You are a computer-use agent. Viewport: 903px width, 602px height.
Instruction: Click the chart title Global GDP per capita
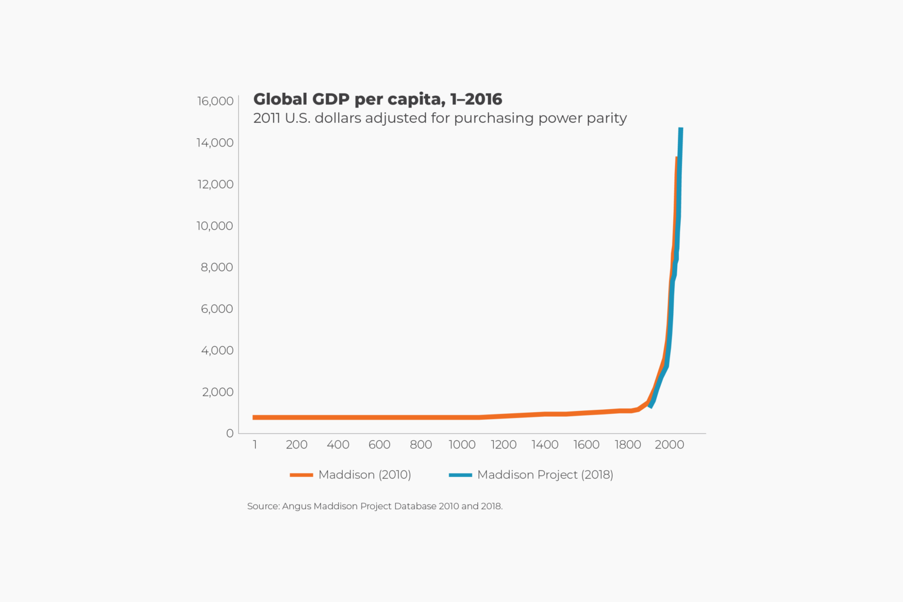(x=377, y=99)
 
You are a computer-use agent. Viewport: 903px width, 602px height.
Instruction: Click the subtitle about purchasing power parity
(x=440, y=118)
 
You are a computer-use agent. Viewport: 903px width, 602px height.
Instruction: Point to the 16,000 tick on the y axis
(x=215, y=101)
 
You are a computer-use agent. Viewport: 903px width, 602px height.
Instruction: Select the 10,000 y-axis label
(x=215, y=226)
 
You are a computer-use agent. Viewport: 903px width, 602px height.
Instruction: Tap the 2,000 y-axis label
(x=218, y=392)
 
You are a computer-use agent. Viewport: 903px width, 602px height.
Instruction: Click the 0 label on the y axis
(x=230, y=433)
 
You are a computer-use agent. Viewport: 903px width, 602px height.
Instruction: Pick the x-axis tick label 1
(x=255, y=445)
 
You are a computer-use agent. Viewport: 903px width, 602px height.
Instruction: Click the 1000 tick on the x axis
(x=462, y=445)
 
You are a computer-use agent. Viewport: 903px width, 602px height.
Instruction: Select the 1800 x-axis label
(x=627, y=445)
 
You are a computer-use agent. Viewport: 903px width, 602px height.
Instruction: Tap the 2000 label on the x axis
(x=669, y=445)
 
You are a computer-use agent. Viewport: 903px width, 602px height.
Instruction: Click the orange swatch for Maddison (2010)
(x=301, y=475)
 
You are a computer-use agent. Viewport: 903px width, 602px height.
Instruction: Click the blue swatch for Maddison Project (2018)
(x=460, y=475)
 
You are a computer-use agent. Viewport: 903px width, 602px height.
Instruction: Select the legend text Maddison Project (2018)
(x=545, y=475)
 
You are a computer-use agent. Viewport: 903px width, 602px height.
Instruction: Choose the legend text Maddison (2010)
(x=364, y=475)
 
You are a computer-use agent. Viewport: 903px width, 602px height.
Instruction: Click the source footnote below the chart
(x=374, y=506)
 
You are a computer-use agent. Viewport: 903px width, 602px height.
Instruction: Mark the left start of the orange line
(x=255, y=417)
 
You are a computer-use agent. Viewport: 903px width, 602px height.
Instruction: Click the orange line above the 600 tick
(x=379, y=417)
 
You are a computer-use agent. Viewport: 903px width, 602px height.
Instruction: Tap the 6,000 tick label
(x=217, y=309)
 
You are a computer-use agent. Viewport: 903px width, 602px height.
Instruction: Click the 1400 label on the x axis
(x=545, y=445)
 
